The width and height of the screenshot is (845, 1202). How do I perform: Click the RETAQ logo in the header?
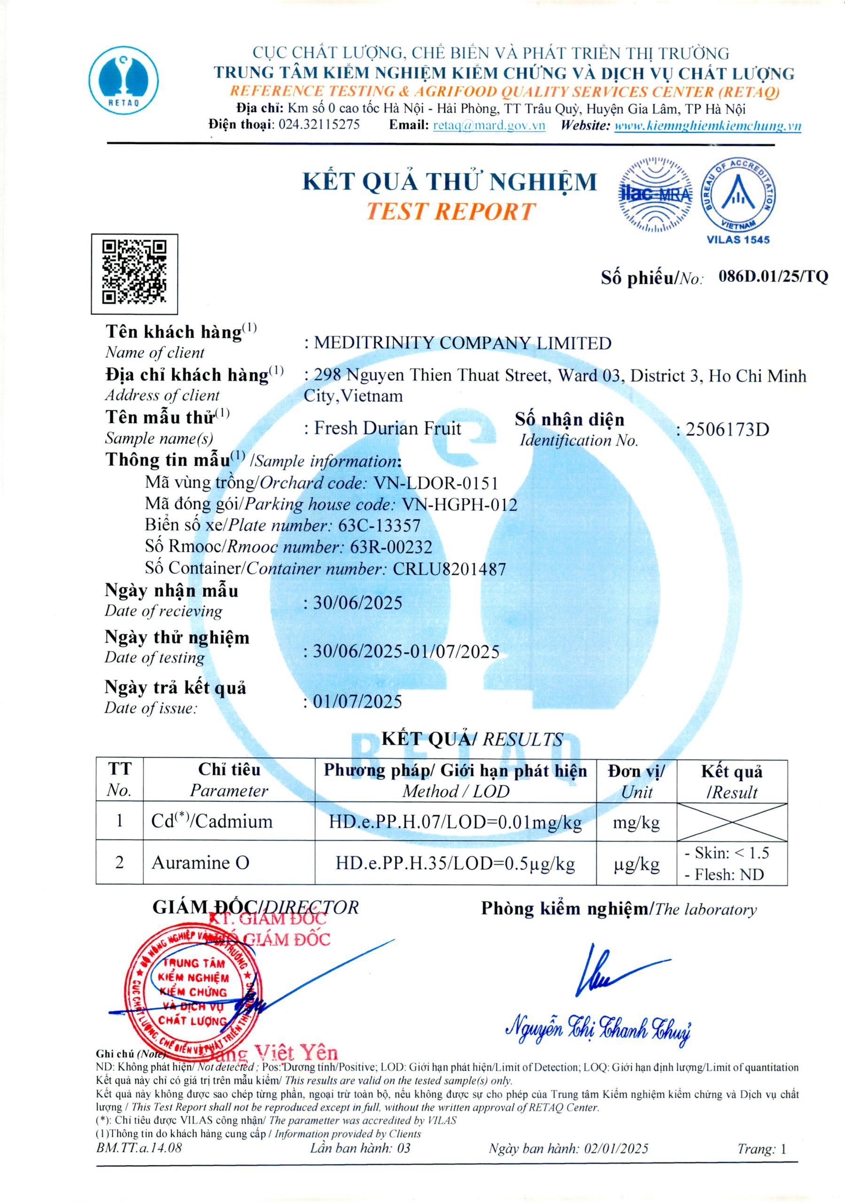[124, 81]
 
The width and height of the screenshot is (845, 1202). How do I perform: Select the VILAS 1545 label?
[738, 240]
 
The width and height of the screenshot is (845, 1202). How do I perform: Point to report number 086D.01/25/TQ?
[773, 277]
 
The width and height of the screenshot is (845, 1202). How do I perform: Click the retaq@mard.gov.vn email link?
[489, 126]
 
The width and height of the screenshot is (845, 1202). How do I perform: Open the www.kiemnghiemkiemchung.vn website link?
[707, 126]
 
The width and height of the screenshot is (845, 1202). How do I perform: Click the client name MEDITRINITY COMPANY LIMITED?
[463, 343]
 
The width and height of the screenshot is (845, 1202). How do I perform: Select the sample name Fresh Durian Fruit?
[387, 428]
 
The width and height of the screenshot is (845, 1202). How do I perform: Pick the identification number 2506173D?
[727, 429]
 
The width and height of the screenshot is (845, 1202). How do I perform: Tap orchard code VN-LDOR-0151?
[435, 483]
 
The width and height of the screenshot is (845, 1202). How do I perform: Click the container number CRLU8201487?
[449, 569]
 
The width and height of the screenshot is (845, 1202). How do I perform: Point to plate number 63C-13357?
[379, 525]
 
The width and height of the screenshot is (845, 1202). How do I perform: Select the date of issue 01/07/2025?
[357, 701]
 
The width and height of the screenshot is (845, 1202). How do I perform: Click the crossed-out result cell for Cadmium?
[732, 822]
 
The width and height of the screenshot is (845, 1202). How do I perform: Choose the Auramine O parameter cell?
[201, 863]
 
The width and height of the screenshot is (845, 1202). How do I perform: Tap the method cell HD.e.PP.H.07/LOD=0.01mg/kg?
[455, 822]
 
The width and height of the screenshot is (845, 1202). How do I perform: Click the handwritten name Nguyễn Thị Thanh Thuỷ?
[597, 1028]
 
